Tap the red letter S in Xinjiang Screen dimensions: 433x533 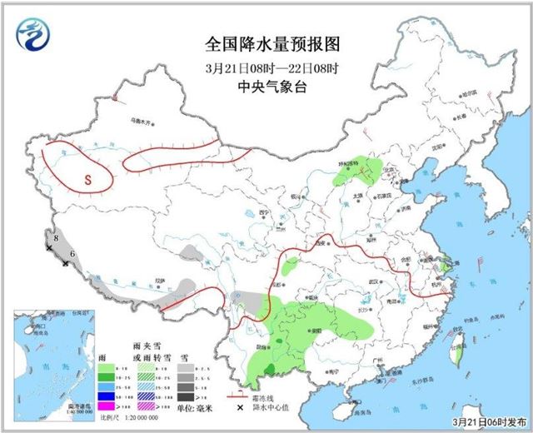85,177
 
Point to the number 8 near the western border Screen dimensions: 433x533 55,239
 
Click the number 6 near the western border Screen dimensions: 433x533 72,253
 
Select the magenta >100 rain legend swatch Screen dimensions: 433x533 106,405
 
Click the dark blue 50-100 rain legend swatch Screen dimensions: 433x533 106,395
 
